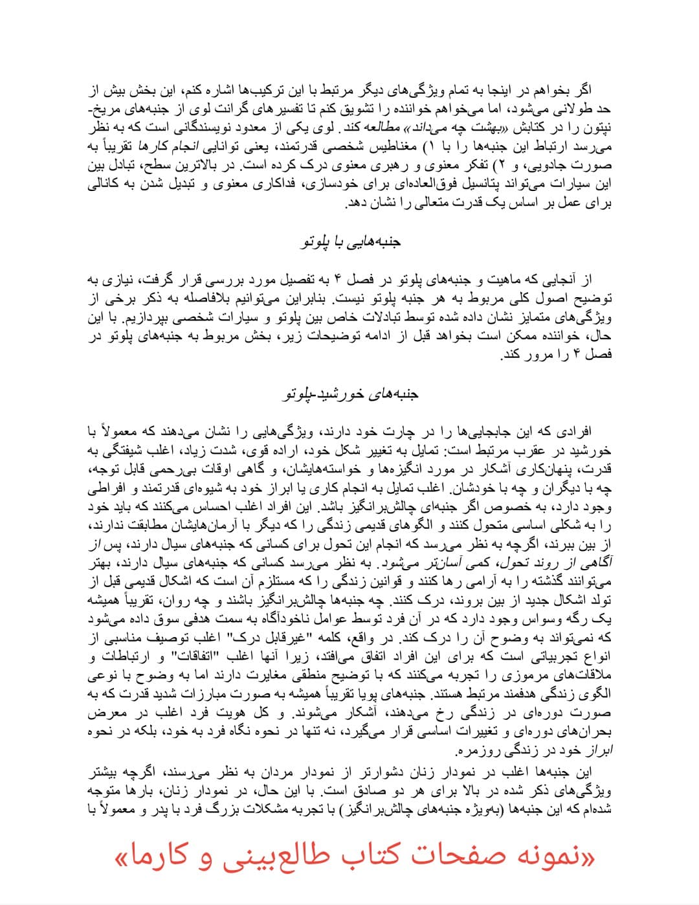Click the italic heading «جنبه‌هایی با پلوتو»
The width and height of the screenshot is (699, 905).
click(351, 243)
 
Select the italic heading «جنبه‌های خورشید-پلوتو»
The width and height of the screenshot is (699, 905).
click(351, 394)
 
